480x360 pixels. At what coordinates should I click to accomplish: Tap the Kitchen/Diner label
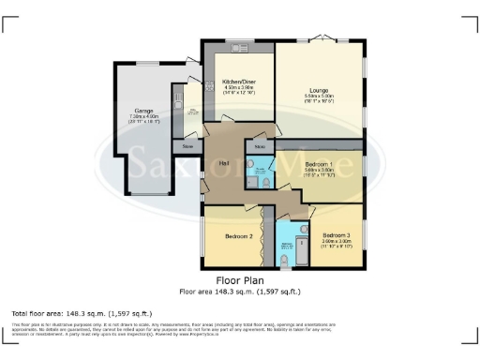point(240,82)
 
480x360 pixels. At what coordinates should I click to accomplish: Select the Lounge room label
point(319,90)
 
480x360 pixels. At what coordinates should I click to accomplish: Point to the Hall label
point(225,162)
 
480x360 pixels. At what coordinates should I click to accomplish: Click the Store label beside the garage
point(187,146)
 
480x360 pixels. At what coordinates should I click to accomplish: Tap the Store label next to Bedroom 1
point(259,146)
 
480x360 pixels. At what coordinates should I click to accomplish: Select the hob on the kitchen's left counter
point(209,86)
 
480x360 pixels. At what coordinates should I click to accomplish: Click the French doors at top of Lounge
point(319,41)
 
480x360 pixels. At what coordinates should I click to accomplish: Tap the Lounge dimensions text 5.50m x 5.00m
point(319,97)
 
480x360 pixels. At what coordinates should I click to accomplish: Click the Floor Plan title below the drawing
point(240,279)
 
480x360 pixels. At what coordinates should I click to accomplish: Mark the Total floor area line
point(82,312)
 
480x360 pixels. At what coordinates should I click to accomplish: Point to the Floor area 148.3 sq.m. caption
point(240,291)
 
